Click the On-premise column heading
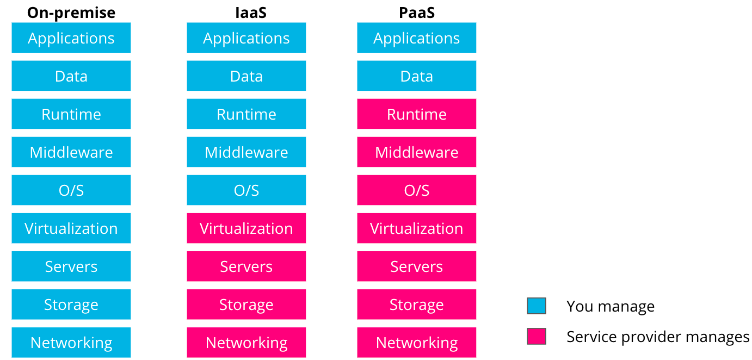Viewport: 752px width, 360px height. [x=71, y=13]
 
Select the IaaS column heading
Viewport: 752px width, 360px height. [x=251, y=13]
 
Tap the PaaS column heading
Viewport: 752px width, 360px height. [x=417, y=13]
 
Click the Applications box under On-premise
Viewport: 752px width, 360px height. [x=71, y=38]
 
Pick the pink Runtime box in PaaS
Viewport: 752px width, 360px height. [x=417, y=114]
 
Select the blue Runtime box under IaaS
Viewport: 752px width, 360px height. [x=246, y=114]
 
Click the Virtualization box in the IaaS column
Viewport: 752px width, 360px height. [x=246, y=228]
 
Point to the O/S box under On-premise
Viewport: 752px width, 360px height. [x=71, y=190]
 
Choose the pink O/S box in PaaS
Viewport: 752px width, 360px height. [x=417, y=190]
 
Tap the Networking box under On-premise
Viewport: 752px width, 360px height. [x=71, y=343]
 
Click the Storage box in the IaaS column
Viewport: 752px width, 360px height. [x=246, y=305]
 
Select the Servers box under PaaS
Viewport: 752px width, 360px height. [x=417, y=266]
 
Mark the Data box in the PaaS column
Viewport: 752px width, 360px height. [x=417, y=76]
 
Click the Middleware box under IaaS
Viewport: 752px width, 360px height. [x=246, y=152]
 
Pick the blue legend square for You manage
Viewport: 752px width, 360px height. [x=537, y=306]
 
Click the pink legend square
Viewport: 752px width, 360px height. [x=537, y=336]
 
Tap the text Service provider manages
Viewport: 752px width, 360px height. [x=658, y=337]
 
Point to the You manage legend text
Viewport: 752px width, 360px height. [x=611, y=306]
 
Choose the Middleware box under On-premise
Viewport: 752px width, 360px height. [x=71, y=152]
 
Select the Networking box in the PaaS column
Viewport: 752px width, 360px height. [x=417, y=343]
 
